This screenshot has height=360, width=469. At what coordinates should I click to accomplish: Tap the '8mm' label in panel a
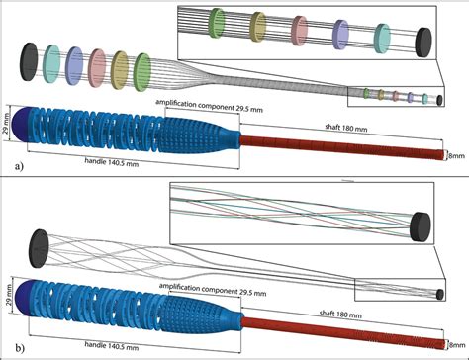click(x=456, y=154)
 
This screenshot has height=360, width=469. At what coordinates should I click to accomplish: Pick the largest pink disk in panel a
click(x=98, y=67)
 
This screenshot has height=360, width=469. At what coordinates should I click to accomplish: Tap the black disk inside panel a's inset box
click(x=422, y=43)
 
